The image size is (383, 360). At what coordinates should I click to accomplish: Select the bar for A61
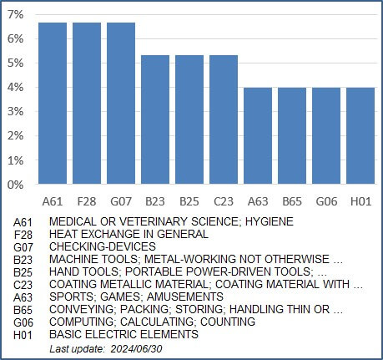point(53,103)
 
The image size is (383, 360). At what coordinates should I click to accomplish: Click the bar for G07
point(121,103)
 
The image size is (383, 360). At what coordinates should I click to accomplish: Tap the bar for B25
point(189,119)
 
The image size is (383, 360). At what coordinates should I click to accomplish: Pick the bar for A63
point(258,135)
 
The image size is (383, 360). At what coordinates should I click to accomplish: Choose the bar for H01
point(360,135)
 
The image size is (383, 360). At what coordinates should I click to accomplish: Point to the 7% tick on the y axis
point(16,14)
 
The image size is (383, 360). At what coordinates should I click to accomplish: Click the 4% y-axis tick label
point(16,88)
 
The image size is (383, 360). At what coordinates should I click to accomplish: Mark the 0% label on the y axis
point(16,185)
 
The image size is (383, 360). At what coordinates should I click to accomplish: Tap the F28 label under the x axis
point(87,201)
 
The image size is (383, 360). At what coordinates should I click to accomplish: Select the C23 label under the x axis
point(224,201)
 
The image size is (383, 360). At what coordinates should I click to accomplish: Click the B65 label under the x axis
point(292,201)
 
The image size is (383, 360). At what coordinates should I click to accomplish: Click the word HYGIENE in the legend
point(270,221)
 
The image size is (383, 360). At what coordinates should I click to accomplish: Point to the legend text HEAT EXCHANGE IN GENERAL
point(129,234)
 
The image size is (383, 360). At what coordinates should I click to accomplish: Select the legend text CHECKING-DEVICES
point(103,246)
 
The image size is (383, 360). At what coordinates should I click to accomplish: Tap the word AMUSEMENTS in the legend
point(185,297)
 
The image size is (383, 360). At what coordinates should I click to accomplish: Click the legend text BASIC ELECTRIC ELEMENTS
point(123,334)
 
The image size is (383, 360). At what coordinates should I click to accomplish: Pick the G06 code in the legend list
point(23,322)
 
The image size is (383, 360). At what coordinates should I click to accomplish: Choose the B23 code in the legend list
point(23,260)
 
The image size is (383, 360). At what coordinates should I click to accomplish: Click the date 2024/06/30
point(136,349)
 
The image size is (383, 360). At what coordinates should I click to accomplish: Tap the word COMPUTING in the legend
point(82,322)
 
